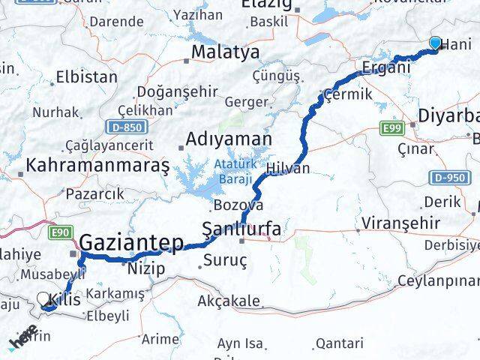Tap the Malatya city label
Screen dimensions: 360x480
click(x=225, y=52)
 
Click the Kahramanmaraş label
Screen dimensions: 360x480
click(x=97, y=164)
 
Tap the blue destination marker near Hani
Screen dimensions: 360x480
click(x=436, y=44)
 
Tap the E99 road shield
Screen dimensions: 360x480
click(x=390, y=130)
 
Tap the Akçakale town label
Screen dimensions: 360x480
click(x=229, y=301)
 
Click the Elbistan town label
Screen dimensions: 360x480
click(x=86, y=77)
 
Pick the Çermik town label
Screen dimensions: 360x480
click(x=347, y=95)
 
